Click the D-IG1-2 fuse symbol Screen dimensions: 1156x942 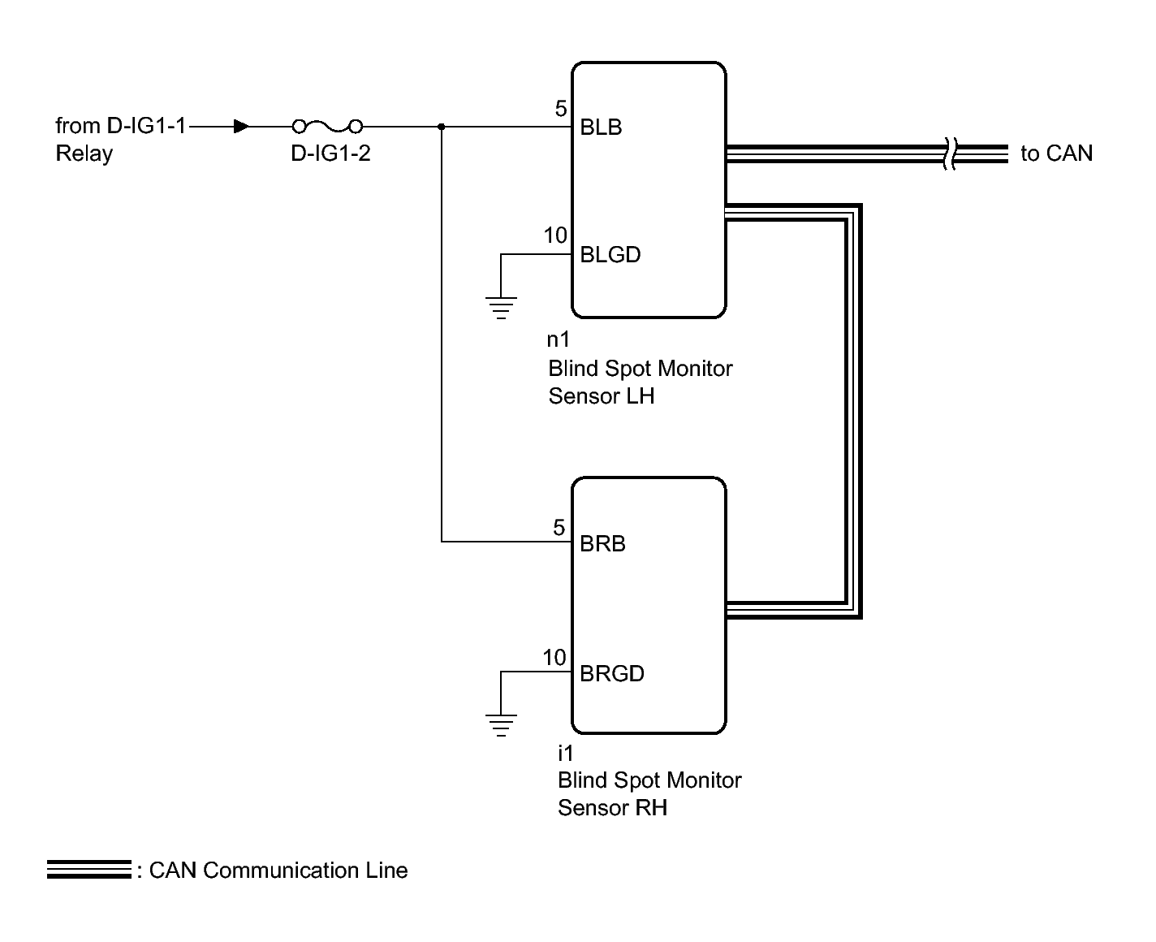(x=327, y=127)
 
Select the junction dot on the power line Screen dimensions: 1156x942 (x=442, y=127)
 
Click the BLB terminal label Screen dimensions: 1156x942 (x=601, y=127)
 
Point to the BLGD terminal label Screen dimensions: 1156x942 (x=610, y=254)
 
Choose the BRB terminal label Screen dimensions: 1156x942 (x=602, y=543)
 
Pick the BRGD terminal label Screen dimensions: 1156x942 (x=612, y=673)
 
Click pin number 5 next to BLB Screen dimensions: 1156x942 (x=561, y=109)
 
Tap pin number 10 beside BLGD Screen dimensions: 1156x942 (x=555, y=235)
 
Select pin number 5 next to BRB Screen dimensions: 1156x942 (x=559, y=527)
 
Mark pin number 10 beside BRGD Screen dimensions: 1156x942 (x=554, y=658)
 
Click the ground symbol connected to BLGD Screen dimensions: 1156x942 (x=501, y=307)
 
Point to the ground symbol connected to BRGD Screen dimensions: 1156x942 (x=501, y=725)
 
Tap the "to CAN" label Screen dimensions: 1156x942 (x=1056, y=153)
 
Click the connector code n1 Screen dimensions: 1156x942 (x=558, y=339)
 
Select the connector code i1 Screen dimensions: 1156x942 (x=566, y=753)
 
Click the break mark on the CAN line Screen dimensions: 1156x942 (x=950, y=153)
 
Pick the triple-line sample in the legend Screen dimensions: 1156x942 (x=89, y=869)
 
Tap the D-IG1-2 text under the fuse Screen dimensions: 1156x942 (x=330, y=153)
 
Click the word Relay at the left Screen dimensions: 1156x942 (x=84, y=153)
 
